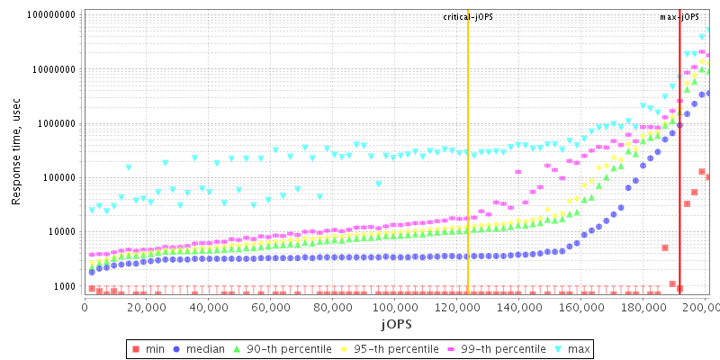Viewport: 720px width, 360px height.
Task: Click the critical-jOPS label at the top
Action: (x=469, y=17)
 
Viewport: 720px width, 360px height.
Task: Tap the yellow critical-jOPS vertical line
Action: (x=468, y=180)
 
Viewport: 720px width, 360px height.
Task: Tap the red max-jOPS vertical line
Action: (x=679, y=180)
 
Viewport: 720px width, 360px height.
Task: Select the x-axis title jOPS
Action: (x=395, y=323)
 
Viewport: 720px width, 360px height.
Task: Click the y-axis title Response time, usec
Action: (x=16, y=153)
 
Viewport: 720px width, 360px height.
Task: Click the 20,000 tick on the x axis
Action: (x=146, y=308)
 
